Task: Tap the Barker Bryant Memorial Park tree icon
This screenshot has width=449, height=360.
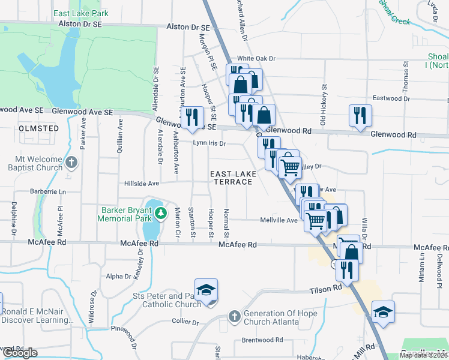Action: pos(160,212)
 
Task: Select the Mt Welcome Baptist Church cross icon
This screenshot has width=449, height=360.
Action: pos(71,163)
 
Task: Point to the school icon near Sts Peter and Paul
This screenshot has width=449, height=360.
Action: pos(205,290)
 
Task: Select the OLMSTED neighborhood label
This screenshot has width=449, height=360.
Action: pos(39,128)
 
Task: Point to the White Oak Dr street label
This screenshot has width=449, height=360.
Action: pos(256,59)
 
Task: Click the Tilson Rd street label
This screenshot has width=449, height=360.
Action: pos(325,289)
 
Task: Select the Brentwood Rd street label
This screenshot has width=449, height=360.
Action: pos(262,340)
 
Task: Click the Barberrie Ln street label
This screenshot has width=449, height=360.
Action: pos(50,192)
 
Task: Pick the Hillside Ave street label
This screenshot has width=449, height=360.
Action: pos(142,184)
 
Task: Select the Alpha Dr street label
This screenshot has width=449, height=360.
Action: pos(118,277)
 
